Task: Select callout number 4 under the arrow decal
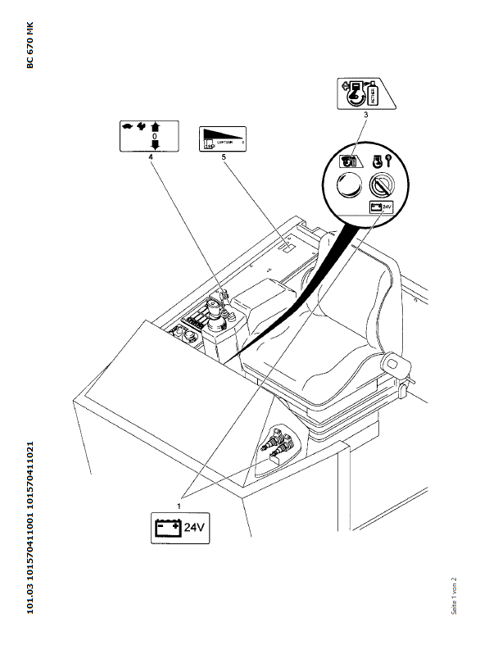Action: point(151,157)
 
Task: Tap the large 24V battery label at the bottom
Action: point(182,528)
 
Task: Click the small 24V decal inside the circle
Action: point(382,207)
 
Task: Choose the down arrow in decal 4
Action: point(153,146)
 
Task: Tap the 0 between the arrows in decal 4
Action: point(153,137)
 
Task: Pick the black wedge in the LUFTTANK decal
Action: point(223,134)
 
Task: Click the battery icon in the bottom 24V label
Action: point(167,528)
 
